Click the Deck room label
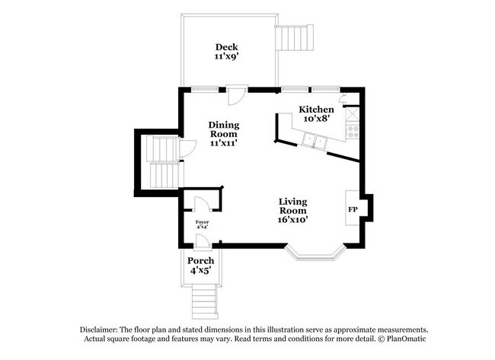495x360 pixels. (x=227, y=47)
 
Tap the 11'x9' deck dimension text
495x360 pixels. (x=227, y=57)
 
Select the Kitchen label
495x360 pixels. (x=316, y=110)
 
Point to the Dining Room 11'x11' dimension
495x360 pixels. (x=224, y=143)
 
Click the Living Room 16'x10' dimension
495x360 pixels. (x=293, y=219)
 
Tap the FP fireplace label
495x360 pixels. (x=353, y=209)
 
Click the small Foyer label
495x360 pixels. (x=202, y=222)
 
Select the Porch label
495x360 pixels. (x=201, y=260)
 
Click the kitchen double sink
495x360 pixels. (x=314, y=140)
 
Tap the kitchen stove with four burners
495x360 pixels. (x=353, y=132)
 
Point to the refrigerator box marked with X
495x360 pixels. (x=353, y=114)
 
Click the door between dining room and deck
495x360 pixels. (x=237, y=95)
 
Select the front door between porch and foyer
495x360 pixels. (x=203, y=242)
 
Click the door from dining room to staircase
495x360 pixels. (x=187, y=148)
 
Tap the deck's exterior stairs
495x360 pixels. (x=295, y=37)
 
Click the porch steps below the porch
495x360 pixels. (x=205, y=301)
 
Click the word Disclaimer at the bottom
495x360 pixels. (x=99, y=330)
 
